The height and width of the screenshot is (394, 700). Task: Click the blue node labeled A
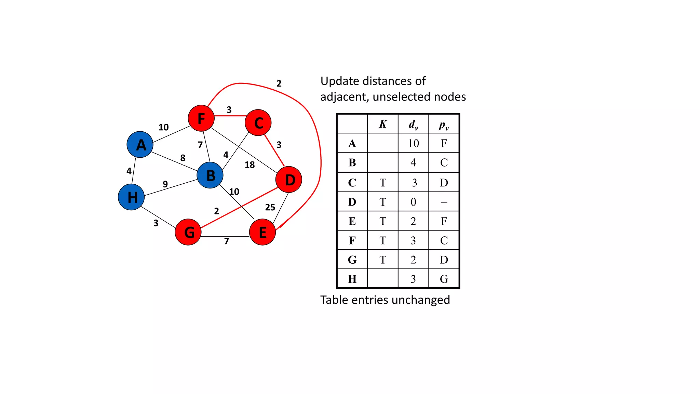(x=140, y=145)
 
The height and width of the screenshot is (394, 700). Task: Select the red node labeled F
(x=201, y=118)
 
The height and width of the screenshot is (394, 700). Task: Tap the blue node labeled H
(x=131, y=197)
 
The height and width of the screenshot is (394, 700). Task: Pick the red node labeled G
(x=188, y=232)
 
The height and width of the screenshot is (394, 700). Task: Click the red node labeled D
(x=289, y=180)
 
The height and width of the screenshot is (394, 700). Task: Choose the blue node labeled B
(x=210, y=175)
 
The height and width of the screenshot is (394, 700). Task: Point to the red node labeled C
(x=258, y=122)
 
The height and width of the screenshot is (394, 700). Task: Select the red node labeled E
(x=262, y=232)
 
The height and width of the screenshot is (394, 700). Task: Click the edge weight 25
(x=270, y=207)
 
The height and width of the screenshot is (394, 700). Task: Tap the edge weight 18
(x=250, y=165)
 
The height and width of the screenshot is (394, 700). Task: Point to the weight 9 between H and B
(x=165, y=184)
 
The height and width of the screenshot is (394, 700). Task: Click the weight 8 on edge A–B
(x=183, y=158)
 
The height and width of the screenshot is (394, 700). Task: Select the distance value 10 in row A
(x=413, y=143)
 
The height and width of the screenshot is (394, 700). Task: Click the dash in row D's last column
(x=444, y=202)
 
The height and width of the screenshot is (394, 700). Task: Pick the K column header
(x=383, y=124)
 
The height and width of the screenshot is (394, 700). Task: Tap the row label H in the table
(x=352, y=279)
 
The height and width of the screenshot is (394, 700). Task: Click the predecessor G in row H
(x=444, y=279)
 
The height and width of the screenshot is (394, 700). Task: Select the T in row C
(x=383, y=183)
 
